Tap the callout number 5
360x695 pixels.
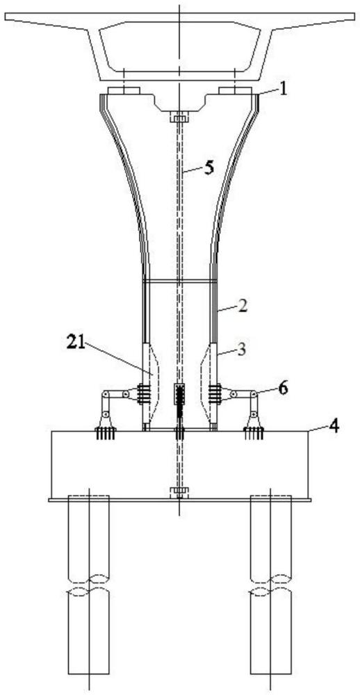[208, 168]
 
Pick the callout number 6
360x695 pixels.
[282, 389]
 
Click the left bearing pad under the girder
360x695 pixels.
[124, 91]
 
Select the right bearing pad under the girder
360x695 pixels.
[235, 91]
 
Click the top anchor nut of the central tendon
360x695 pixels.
[179, 118]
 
